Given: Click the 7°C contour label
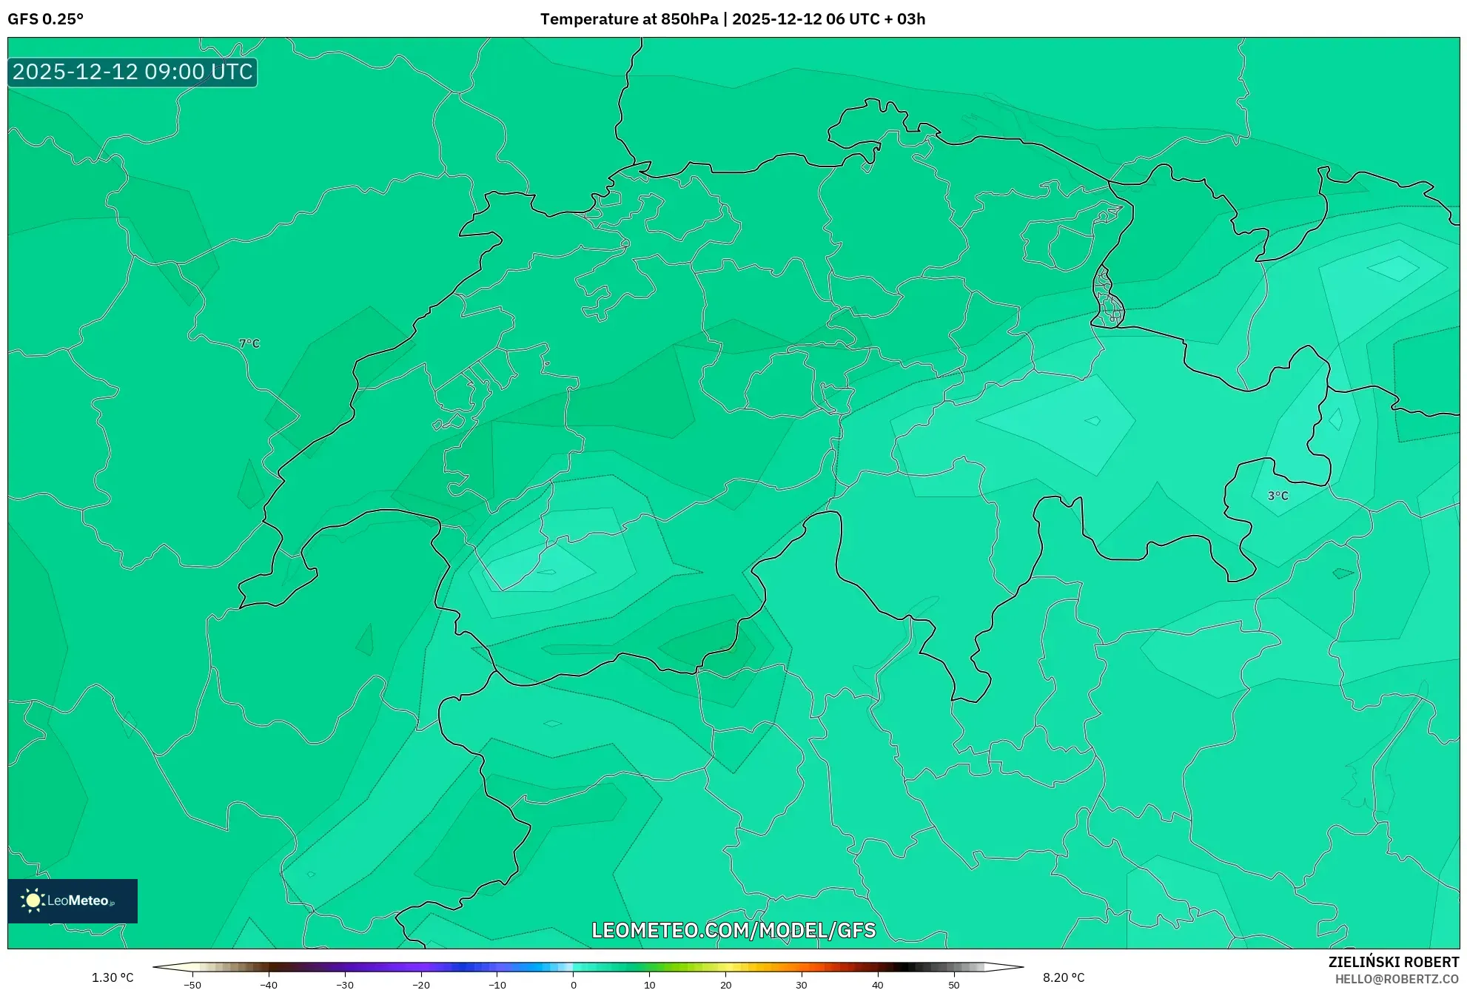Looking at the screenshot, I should (249, 343).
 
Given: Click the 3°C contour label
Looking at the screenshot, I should (1278, 496).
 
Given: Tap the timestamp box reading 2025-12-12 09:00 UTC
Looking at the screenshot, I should (132, 72).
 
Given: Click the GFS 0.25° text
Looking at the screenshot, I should (45, 19).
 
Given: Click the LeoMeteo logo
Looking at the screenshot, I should (73, 900).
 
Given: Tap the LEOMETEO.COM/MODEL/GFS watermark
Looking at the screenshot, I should (733, 930).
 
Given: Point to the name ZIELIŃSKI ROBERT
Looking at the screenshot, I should (1393, 962).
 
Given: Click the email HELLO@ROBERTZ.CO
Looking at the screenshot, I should (1396, 979).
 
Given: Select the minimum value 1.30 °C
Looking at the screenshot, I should (113, 977).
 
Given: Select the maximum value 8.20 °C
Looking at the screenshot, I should (1064, 977).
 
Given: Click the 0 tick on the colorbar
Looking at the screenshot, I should (574, 984).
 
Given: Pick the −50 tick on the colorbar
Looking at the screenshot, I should (192, 984).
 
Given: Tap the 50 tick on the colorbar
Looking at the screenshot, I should (953, 984).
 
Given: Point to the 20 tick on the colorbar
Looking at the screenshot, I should (725, 984).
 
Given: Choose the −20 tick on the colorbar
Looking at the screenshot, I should (420, 984).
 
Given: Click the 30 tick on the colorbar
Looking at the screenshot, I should (802, 984).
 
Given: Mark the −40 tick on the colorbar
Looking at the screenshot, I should (268, 984).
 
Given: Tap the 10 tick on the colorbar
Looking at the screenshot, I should (649, 984).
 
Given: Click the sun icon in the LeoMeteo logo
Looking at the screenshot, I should (33, 900).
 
